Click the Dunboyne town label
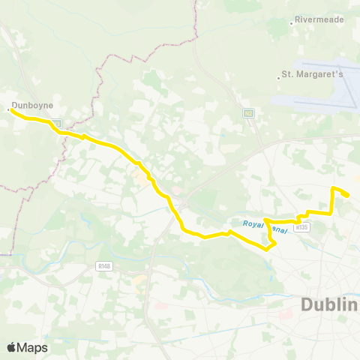(x=31, y=106)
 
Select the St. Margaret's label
(x=311, y=75)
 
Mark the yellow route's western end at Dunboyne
(x=11, y=111)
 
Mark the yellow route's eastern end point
(x=347, y=196)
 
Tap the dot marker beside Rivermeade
(x=291, y=22)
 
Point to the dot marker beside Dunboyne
(x=8, y=109)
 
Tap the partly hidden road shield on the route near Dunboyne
(x=56, y=122)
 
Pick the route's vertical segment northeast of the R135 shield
(x=333, y=201)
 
